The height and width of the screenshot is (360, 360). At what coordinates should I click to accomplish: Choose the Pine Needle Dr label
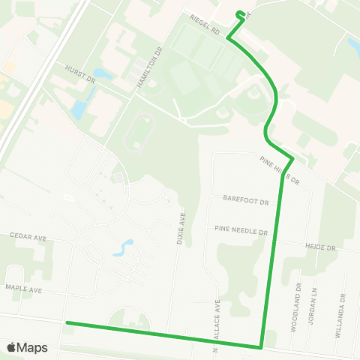tap(241, 230)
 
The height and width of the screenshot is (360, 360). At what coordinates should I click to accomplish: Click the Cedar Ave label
tap(28, 237)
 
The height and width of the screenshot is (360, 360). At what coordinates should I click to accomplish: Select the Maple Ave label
tap(25, 289)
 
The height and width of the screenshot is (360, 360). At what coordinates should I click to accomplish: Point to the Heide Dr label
tap(322, 246)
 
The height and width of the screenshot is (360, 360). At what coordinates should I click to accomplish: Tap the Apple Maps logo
tap(27, 347)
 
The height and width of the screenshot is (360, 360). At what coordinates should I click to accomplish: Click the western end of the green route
tap(67, 323)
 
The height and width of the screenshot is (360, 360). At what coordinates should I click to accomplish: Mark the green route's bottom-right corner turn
tap(260, 347)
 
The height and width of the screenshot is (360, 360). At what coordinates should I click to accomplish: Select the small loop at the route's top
tap(241, 13)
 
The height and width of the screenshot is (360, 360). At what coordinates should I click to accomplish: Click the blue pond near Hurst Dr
tap(79, 109)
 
